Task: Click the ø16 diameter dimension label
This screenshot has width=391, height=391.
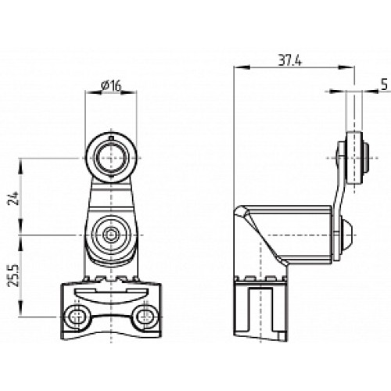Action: point(110,86)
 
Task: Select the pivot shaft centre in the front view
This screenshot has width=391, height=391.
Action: point(110,234)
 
